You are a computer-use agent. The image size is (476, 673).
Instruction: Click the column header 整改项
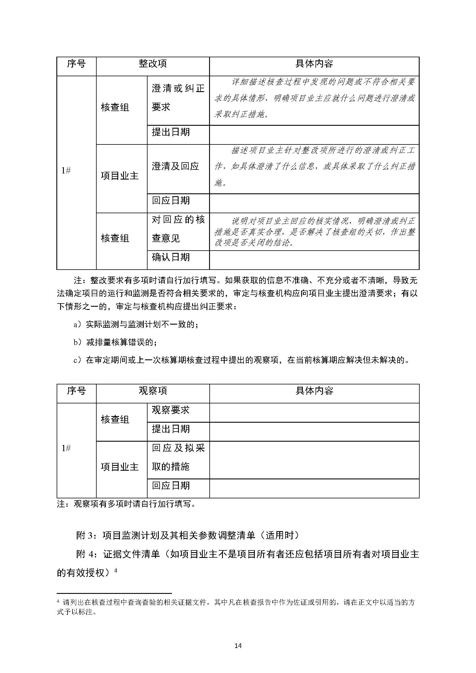point(153,64)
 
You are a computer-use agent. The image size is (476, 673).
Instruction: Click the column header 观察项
point(153,391)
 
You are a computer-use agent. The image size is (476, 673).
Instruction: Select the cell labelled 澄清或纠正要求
point(178,98)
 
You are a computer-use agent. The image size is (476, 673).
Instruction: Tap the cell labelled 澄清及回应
point(175,167)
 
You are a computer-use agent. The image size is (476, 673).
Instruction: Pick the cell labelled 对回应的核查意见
point(178,229)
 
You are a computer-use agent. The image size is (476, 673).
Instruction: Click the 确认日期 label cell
point(171,258)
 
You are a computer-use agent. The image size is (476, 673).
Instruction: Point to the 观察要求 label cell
point(171,410)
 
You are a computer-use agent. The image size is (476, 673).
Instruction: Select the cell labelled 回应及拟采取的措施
point(178,457)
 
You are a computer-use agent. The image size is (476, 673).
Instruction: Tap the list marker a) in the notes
point(77,325)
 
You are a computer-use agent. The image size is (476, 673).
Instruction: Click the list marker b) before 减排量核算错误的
point(78,342)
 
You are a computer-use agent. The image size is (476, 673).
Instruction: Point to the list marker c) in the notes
point(77,360)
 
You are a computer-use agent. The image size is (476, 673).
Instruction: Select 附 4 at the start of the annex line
point(85,554)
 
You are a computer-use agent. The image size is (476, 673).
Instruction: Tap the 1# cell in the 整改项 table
point(66,171)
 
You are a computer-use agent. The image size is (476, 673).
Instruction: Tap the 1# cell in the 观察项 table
point(66,448)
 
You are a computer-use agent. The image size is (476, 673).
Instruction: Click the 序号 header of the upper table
point(76,64)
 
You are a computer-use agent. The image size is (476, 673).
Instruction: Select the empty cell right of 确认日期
point(314,260)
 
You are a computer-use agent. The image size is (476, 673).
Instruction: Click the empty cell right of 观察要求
point(314,413)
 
